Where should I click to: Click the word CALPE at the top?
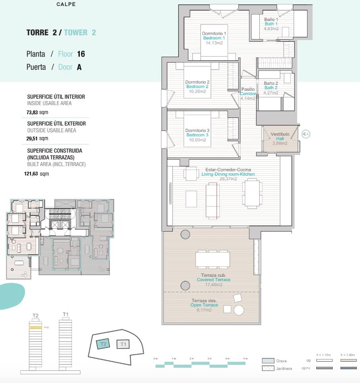click(x=66, y=4)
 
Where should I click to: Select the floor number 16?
click(x=81, y=54)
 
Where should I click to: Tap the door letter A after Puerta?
click(x=79, y=67)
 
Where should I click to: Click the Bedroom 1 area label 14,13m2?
click(x=214, y=43)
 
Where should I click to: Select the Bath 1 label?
click(x=272, y=24)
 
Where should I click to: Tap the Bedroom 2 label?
click(x=197, y=86)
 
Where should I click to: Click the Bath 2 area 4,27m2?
click(x=271, y=93)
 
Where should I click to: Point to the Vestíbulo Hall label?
click(x=280, y=136)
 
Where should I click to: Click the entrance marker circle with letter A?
click(x=306, y=134)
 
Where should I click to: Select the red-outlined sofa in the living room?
click(x=214, y=200)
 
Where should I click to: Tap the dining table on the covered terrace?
click(x=213, y=260)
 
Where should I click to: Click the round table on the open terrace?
click(x=239, y=310)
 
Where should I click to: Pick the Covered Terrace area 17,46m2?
click(x=214, y=285)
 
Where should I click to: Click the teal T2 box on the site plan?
click(x=104, y=344)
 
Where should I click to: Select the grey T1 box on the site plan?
click(x=123, y=344)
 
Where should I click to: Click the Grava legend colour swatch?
click(x=268, y=360)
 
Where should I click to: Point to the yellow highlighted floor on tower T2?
click(x=35, y=327)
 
